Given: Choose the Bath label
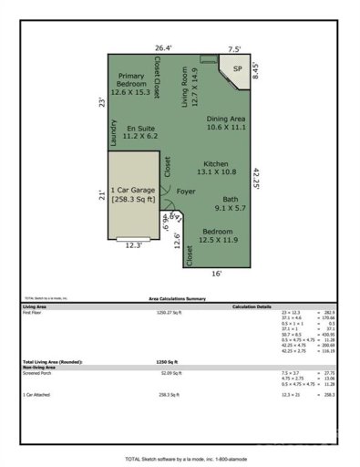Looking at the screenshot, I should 233,203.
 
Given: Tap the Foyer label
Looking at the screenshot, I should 186,192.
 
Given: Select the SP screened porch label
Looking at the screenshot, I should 236,68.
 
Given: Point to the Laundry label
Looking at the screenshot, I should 113,134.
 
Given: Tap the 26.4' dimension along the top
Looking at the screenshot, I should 162,48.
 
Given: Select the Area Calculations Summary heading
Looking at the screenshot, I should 179,298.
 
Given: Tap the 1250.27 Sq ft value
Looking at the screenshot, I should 170,313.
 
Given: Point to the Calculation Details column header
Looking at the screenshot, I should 252,306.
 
